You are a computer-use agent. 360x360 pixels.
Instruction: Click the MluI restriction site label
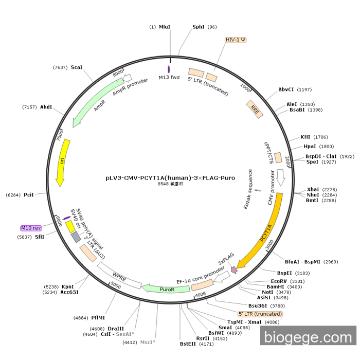[x=165, y=27]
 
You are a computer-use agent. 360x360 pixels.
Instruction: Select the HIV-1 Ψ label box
[x=236, y=40]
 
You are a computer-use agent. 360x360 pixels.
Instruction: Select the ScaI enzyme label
[x=76, y=67]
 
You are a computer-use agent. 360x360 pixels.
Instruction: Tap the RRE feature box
[x=256, y=109]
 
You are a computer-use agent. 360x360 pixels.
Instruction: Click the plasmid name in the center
[x=170, y=178]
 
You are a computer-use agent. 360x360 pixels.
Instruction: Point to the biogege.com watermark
[x=307, y=337]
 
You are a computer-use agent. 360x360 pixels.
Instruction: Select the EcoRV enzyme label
[x=279, y=281]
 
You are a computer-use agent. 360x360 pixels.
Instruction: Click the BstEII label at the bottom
[x=188, y=344]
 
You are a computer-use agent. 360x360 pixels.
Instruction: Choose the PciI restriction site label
[x=29, y=195]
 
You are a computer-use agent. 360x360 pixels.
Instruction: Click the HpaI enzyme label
[x=310, y=147]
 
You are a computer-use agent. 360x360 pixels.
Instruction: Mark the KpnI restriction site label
[x=68, y=286]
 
